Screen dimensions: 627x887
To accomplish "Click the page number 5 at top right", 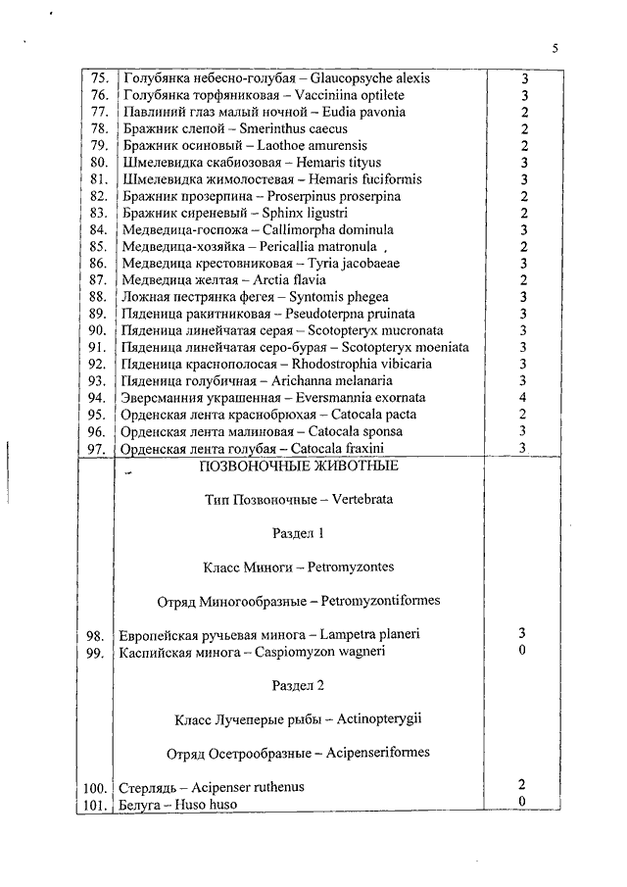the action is [555, 49].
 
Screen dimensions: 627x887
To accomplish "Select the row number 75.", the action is [100, 78].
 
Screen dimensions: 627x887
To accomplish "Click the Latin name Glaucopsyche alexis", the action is [369, 78].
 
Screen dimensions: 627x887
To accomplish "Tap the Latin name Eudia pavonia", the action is [364, 112].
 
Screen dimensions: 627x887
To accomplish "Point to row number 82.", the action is [99, 196].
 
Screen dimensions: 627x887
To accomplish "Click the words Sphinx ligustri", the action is [305, 214].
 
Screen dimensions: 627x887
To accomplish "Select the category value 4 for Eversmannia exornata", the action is [523, 398].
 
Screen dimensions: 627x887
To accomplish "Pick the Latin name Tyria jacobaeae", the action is [354, 264].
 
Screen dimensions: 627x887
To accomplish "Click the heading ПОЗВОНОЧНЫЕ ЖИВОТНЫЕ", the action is [299, 466].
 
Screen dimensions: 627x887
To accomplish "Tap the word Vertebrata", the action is [362, 500].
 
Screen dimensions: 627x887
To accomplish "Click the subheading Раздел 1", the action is [298, 533].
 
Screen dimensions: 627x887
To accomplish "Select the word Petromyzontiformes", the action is [380, 600].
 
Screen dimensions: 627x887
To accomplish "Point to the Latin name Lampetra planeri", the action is [369, 634].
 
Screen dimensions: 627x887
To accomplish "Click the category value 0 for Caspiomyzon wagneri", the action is [522, 650].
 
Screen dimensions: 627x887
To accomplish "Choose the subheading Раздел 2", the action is [298, 686].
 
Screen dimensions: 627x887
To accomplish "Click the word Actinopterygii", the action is [379, 719].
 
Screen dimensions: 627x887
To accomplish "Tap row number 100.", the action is [95, 789].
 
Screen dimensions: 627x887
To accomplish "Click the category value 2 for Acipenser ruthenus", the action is [521, 785].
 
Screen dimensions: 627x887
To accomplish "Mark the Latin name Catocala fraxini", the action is [337, 449].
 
